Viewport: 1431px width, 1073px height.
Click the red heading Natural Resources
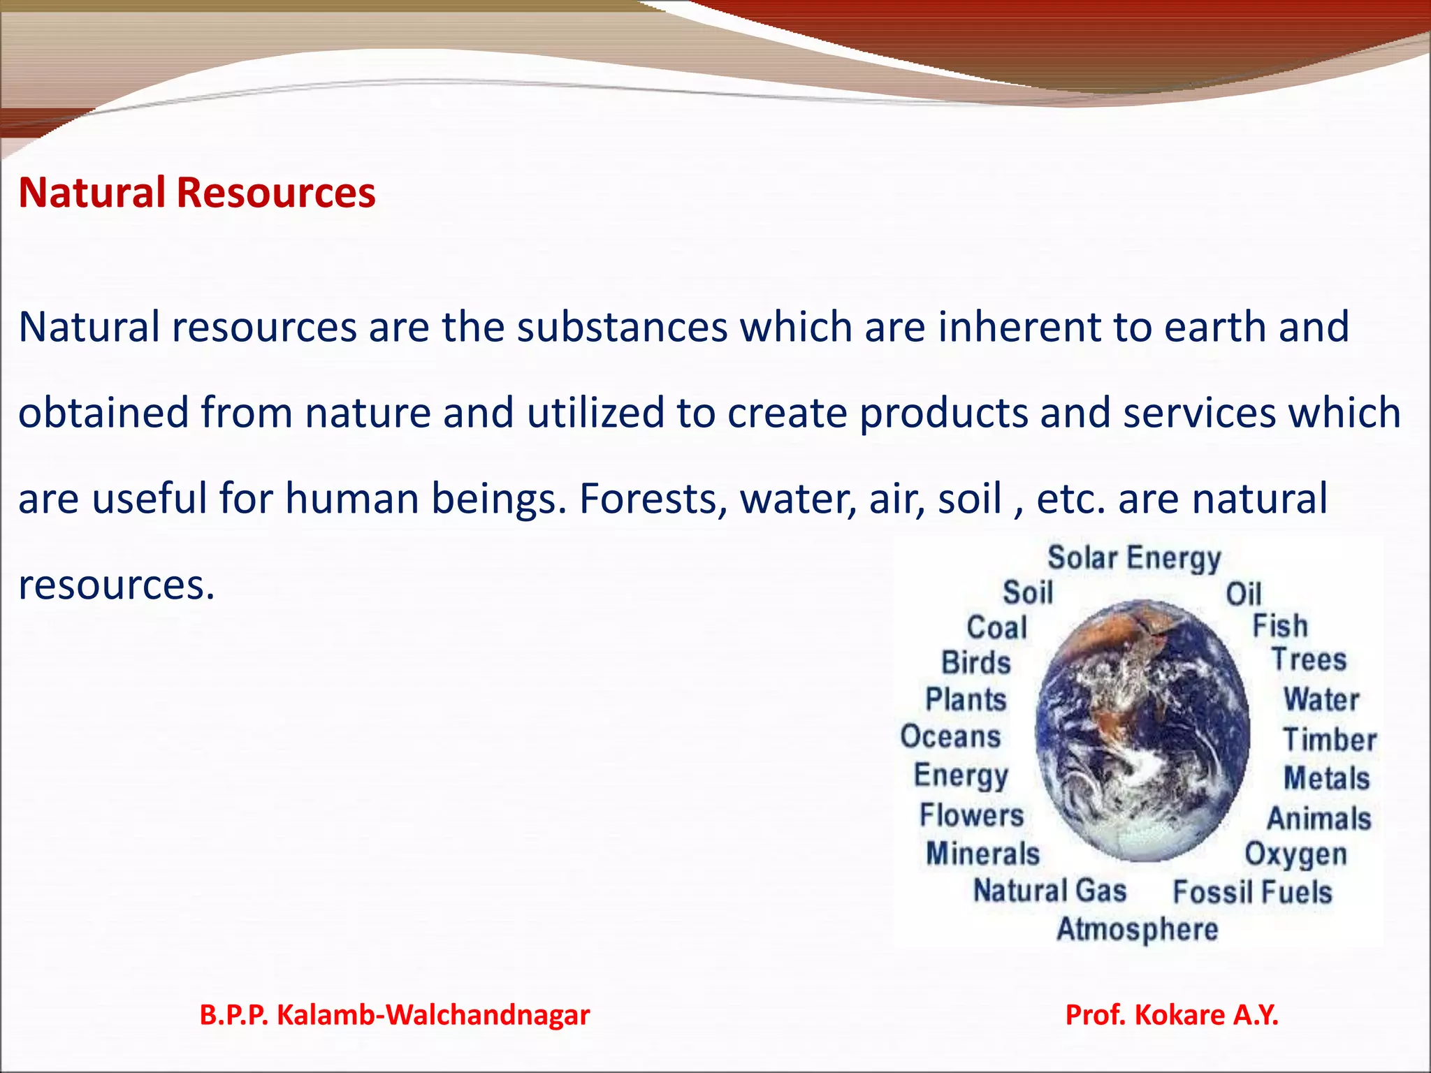pyautogui.click(x=196, y=193)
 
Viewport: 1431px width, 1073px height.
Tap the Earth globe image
pyautogui.click(x=1142, y=730)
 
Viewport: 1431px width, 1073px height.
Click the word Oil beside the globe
pyautogui.click(x=1244, y=594)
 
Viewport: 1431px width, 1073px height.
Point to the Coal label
pyautogui.click(x=997, y=627)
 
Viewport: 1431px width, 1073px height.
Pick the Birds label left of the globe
pyautogui.click(x=976, y=663)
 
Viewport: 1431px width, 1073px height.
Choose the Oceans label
pyautogui.click(x=950, y=737)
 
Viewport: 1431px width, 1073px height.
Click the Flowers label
pyautogui.click(x=971, y=815)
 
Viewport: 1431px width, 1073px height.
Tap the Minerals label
pyautogui.click(x=982, y=854)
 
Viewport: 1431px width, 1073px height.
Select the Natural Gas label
pyautogui.click(x=1050, y=891)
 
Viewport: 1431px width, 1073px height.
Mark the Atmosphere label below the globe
pyautogui.click(x=1137, y=930)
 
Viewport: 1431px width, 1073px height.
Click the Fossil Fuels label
pyautogui.click(x=1252, y=892)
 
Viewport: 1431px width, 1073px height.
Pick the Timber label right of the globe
pyautogui.click(x=1330, y=740)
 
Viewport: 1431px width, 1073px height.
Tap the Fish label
pyautogui.click(x=1279, y=626)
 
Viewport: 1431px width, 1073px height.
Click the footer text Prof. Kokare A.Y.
pyautogui.click(x=1172, y=1015)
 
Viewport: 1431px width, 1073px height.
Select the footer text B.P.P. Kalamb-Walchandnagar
pyautogui.click(x=395, y=1015)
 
